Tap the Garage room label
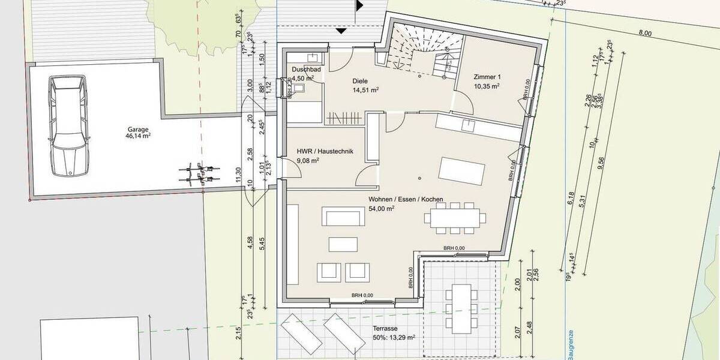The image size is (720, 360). (x=137, y=129)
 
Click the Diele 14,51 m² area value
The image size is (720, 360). (x=365, y=90)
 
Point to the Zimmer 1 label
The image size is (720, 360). (x=487, y=77)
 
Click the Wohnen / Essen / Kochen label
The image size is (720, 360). (x=406, y=199)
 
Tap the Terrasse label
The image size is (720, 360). (x=384, y=329)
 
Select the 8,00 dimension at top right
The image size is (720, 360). (x=644, y=34)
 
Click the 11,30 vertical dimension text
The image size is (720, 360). (x=238, y=174)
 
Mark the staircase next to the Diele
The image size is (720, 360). (x=424, y=57)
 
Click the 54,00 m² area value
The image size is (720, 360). (x=382, y=209)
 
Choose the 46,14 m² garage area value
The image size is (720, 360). (x=137, y=137)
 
